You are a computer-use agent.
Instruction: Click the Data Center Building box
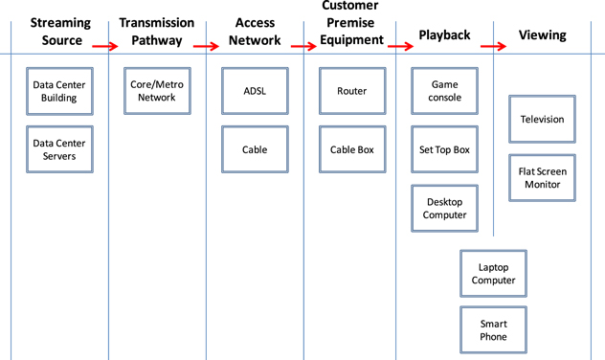59,91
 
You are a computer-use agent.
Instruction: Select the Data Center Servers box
59,149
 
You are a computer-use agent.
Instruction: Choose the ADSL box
255,91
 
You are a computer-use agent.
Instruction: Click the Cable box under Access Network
255,149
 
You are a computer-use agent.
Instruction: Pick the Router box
351,91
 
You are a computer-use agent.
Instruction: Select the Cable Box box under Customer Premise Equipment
351,149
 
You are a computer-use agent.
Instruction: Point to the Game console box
444,91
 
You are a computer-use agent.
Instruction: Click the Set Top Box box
444,149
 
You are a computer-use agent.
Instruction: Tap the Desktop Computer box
444,208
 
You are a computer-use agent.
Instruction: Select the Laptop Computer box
493,274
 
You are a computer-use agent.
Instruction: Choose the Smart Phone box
493,330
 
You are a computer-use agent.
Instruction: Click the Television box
542,120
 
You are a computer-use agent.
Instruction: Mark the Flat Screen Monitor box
542,178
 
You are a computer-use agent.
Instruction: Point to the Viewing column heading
542,35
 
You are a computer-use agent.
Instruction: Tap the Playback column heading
444,35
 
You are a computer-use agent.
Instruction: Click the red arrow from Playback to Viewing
492,45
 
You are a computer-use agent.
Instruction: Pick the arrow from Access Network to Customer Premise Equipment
302,45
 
